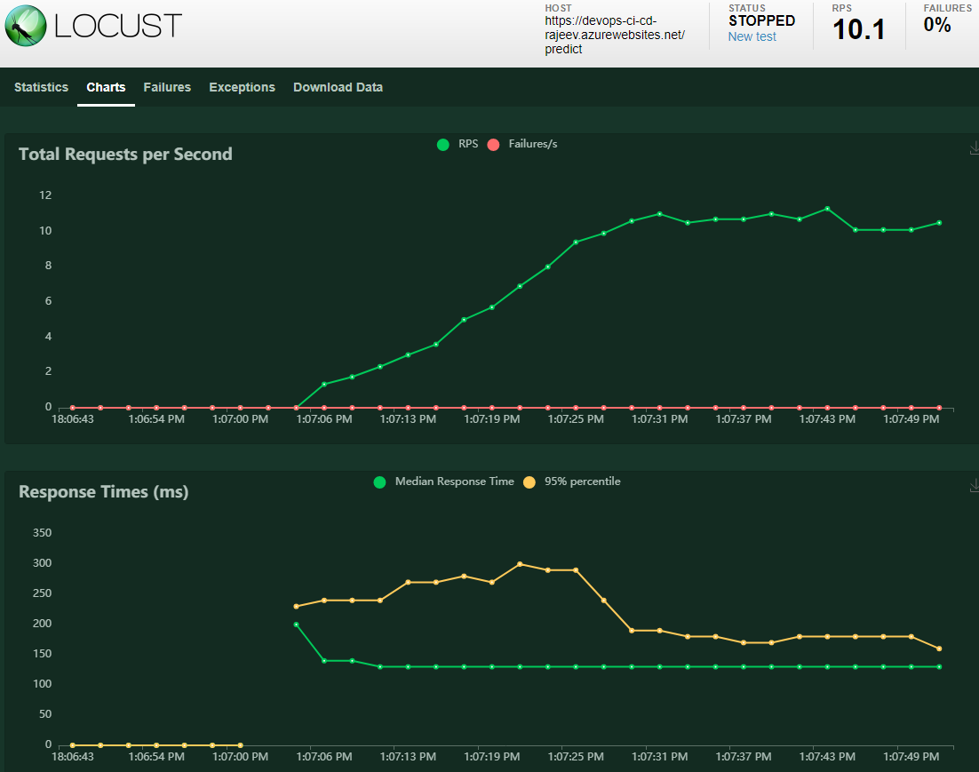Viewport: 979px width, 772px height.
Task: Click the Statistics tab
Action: (x=41, y=87)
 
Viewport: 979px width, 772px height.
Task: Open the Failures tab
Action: (x=167, y=87)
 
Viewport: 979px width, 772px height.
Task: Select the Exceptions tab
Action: (x=242, y=87)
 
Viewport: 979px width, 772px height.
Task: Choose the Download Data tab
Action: (x=338, y=87)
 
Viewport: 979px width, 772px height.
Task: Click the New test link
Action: (x=752, y=36)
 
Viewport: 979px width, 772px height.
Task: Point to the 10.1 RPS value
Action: (x=858, y=29)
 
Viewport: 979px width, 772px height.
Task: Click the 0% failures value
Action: (x=936, y=25)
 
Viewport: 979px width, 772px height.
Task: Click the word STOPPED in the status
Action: (x=761, y=20)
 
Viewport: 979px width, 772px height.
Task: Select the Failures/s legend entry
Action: (x=532, y=144)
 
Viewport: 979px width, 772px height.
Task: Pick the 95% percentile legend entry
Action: (x=582, y=482)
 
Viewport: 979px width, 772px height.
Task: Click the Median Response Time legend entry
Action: (x=454, y=482)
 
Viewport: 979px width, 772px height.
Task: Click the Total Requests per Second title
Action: (x=125, y=154)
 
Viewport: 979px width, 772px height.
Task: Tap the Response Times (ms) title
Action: (x=103, y=491)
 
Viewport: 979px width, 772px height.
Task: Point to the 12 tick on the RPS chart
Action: (x=45, y=195)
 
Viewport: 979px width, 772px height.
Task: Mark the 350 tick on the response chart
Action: (x=42, y=533)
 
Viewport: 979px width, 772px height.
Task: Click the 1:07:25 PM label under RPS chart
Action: (x=575, y=418)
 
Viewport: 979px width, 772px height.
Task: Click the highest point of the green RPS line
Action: (x=827, y=209)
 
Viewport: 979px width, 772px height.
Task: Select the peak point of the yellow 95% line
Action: (x=520, y=564)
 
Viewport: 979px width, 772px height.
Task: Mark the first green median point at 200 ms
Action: (x=296, y=625)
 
